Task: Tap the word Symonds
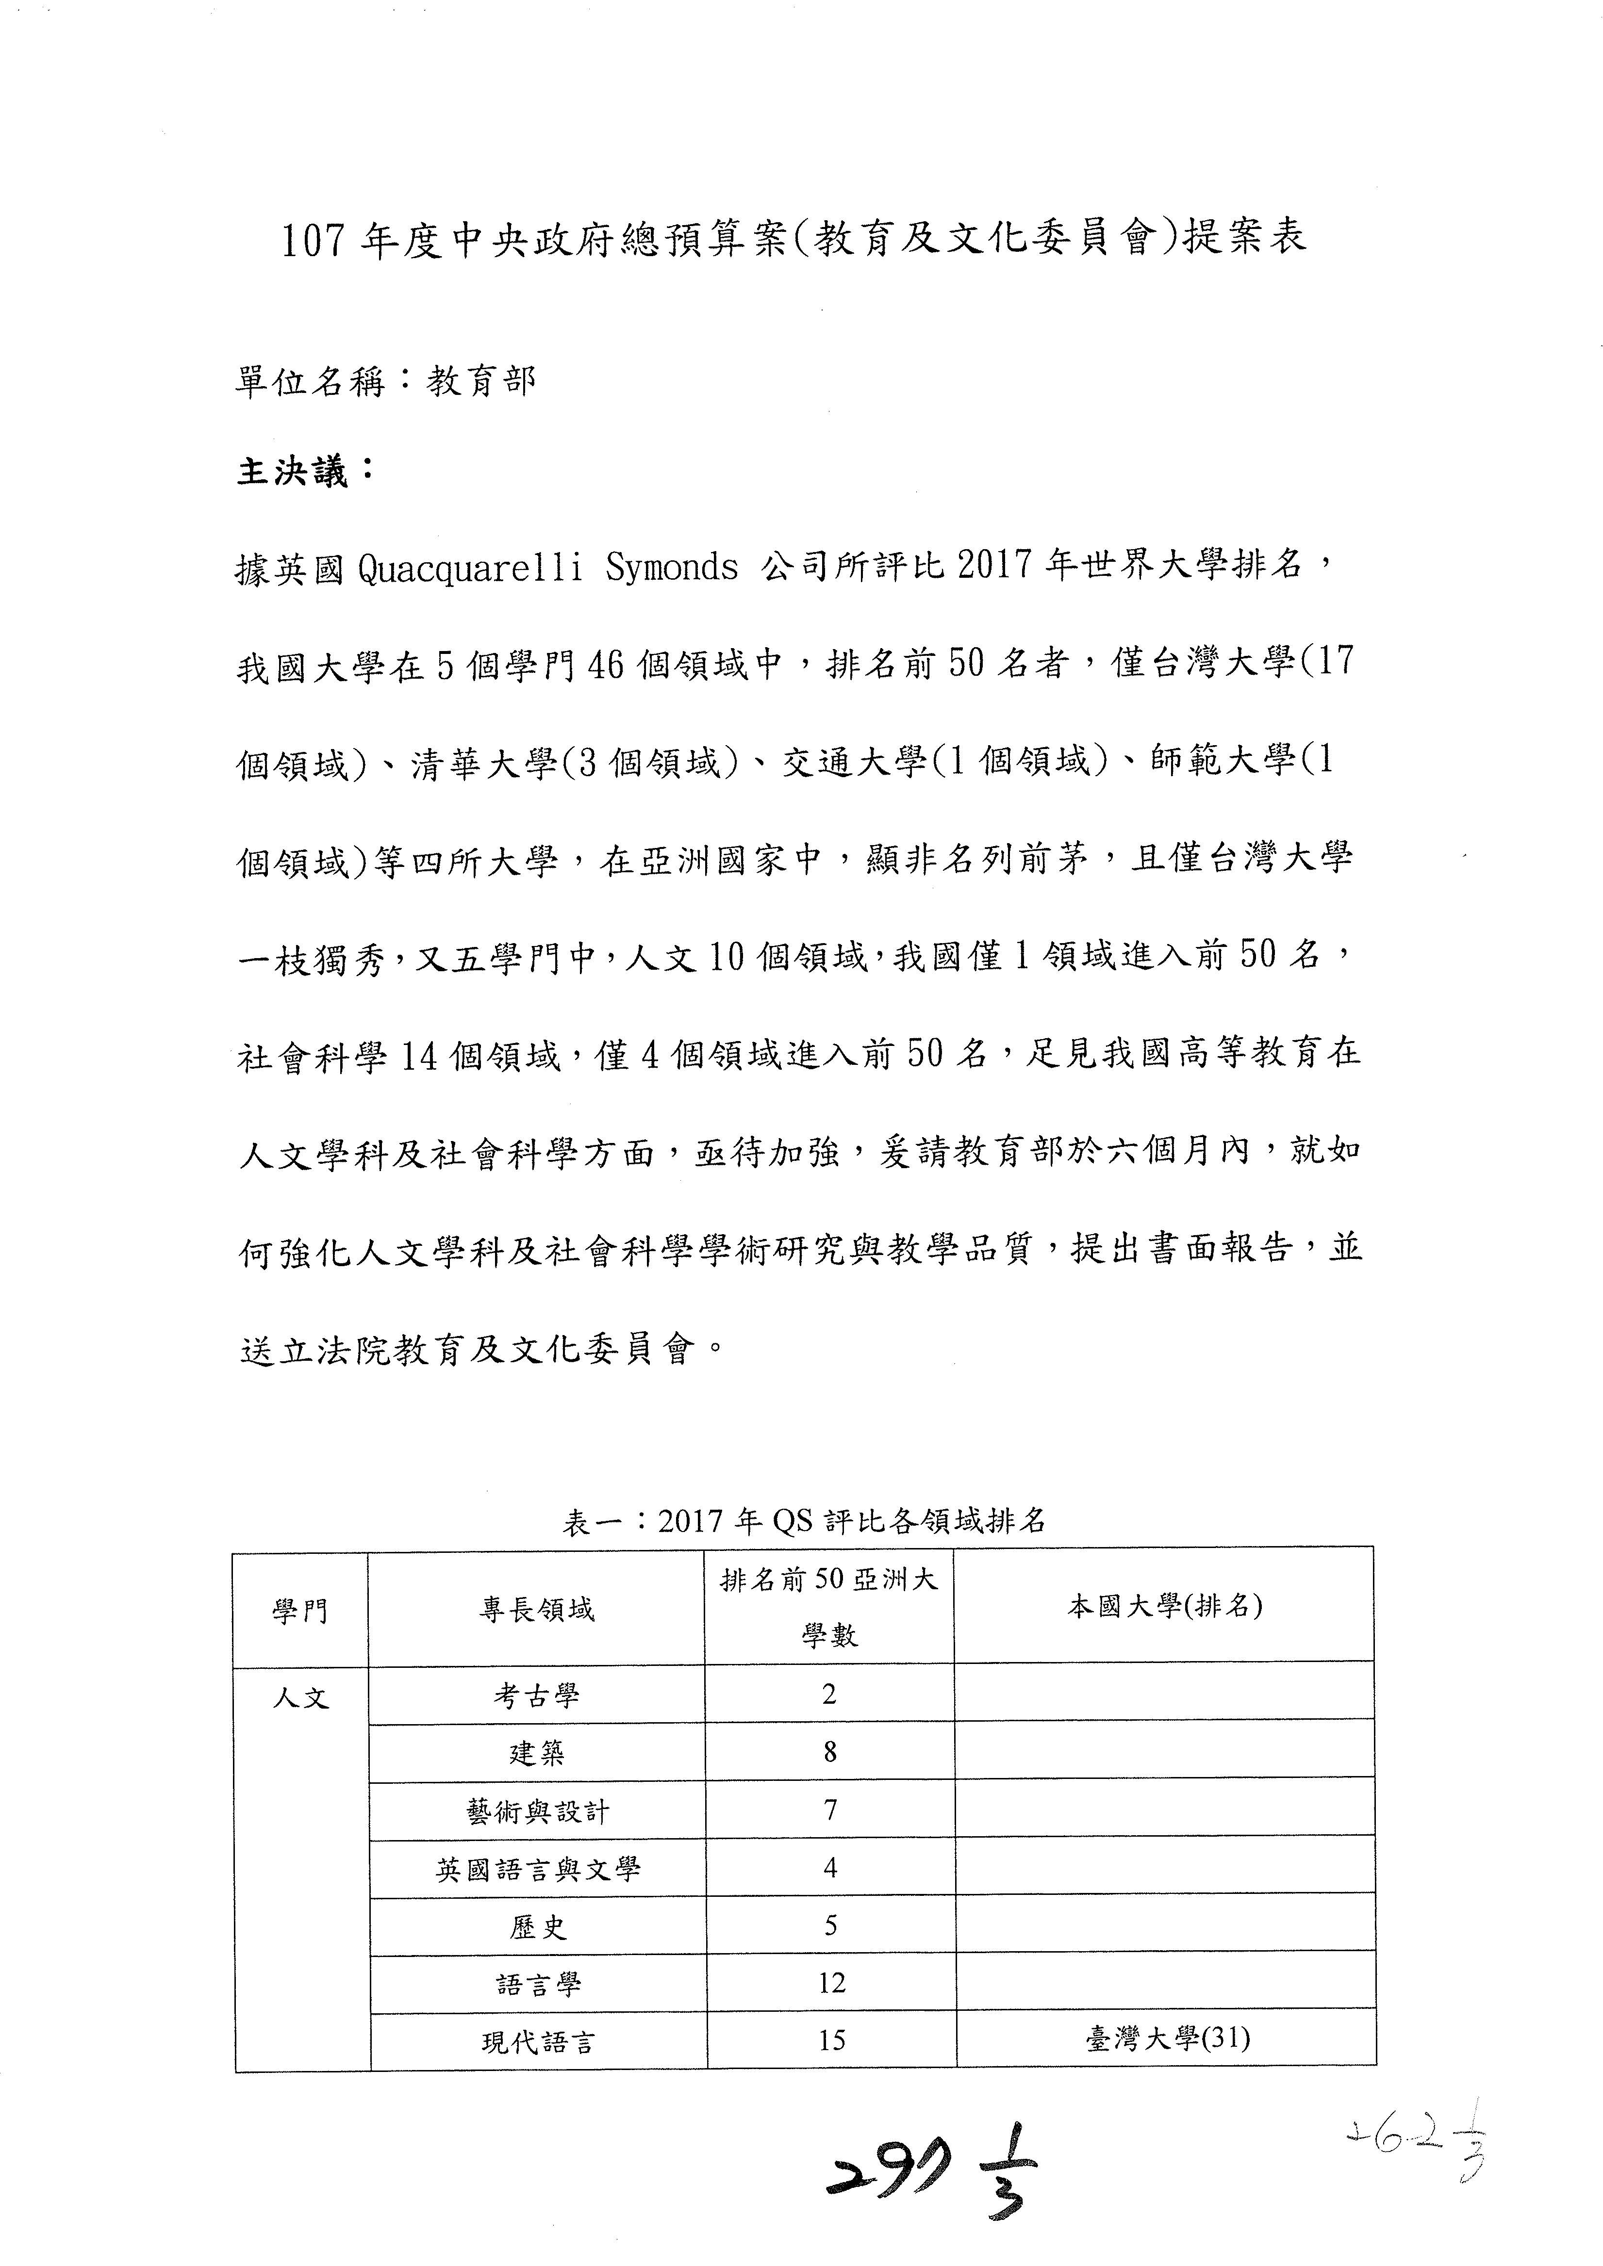[x=671, y=568]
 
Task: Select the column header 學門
[x=300, y=1612]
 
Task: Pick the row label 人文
[x=300, y=1698]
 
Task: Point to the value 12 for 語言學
[x=831, y=1984]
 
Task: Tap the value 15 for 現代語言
[x=831, y=2041]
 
